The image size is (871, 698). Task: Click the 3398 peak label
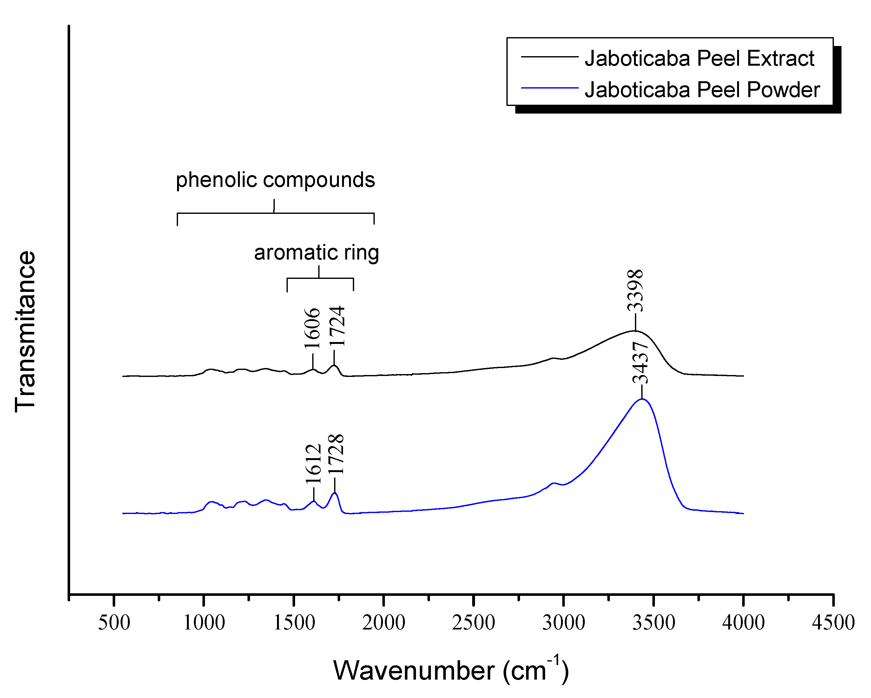click(x=635, y=290)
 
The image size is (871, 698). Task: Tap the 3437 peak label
click(x=641, y=363)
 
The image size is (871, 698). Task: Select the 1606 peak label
click(x=312, y=328)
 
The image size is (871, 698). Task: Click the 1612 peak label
click(x=313, y=464)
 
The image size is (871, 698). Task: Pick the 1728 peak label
click(x=336, y=454)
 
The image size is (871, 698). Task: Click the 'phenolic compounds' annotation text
click(x=275, y=180)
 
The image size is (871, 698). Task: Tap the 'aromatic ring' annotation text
click(x=316, y=253)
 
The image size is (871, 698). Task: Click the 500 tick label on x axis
click(x=114, y=622)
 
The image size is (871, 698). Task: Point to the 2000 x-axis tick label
click(x=383, y=622)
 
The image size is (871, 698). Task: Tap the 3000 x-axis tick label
click(x=563, y=622)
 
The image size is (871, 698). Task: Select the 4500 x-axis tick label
click(x=833, y=622)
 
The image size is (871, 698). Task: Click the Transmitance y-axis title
click(x=25, y=332)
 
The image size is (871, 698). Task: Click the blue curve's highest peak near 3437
click(x=642, y=399)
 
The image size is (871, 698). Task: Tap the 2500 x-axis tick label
click(x=473, y=622)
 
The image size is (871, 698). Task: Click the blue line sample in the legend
click(x=550, y=88)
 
